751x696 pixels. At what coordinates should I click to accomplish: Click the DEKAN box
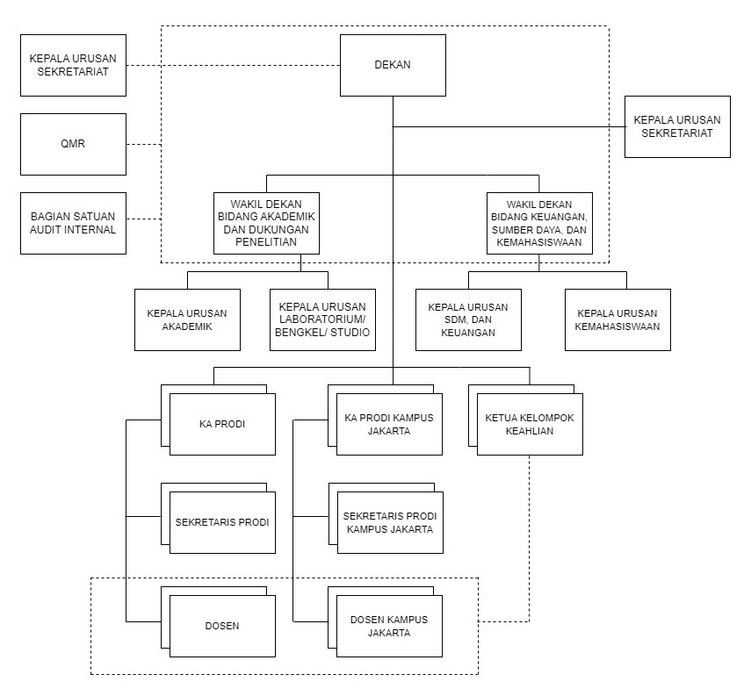tap(393, 65)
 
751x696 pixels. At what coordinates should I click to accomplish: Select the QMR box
tap(73, 144)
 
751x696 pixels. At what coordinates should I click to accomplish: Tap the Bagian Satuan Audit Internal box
tap(73, 223)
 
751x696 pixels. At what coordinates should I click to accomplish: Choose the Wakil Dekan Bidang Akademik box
tap(265, 223)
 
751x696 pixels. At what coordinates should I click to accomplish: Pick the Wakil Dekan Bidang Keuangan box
tap(539, 223)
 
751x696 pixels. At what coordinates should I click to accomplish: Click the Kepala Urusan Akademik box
tap(187, 319)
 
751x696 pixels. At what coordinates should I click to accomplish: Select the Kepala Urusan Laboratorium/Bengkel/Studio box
tap(323, 319)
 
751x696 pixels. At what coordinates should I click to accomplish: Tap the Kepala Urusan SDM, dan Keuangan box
tap(468, 319)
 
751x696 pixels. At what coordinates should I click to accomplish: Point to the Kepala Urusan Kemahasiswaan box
tap(617, 319)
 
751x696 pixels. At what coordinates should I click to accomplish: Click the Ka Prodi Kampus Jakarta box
tap(389, 424)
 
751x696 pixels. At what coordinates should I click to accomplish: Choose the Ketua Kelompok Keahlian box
tap(530, 424)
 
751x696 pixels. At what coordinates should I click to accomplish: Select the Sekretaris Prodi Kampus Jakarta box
tap(390, 523)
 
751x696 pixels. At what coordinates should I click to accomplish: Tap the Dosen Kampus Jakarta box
tap(389, 626)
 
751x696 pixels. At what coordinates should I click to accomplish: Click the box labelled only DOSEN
tap(222, 626)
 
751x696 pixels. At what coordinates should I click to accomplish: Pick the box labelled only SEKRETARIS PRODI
tap(222, 522)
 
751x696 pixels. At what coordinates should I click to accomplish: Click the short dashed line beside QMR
tap(143, 144)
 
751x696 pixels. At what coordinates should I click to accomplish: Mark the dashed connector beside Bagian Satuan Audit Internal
tap(143, 219)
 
